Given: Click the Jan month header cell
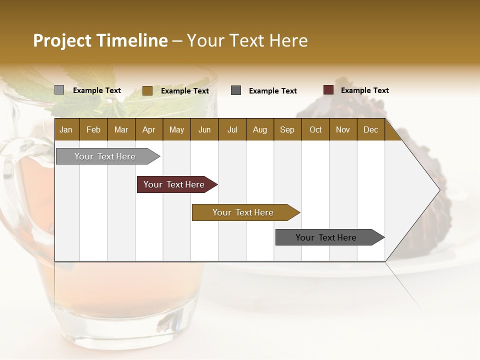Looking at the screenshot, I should (66, 129).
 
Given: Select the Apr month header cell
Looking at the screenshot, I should (149, 129).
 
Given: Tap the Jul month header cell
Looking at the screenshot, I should (232, 129).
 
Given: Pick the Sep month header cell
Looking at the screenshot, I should (287, 129).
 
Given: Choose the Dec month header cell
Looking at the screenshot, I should (370, 129).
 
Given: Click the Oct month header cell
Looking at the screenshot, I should (315, 129).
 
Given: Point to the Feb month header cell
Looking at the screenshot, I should (93, 129).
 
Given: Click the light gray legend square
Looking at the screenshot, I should (59, 90).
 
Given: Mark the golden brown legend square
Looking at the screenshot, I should (147, 90).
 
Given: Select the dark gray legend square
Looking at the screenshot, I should (236, 90).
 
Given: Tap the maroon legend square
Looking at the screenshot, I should (328, 90).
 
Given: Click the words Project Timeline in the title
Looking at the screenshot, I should (100, 40).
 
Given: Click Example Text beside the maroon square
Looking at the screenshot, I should (364, 90).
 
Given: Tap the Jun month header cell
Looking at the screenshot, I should (204, 129).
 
